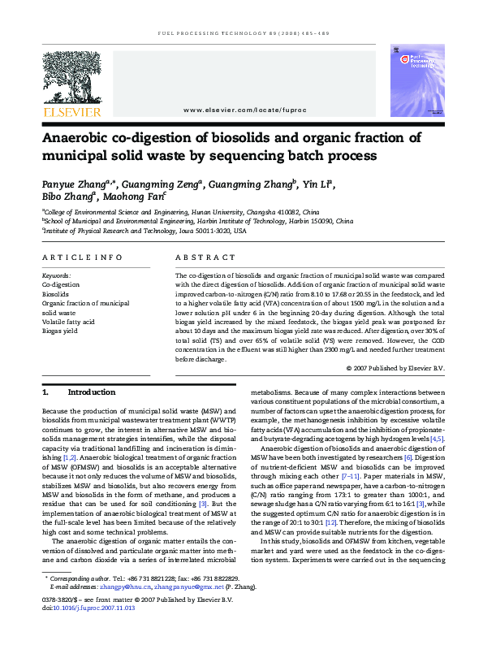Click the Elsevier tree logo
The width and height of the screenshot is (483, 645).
[71, 77]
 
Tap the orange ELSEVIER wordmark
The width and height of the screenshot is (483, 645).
[71, 112]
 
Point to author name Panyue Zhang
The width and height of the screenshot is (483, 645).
[70, 184]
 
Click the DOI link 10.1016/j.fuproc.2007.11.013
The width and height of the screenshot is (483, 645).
[94, 607]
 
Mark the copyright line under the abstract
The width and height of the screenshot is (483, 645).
[395, 368]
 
